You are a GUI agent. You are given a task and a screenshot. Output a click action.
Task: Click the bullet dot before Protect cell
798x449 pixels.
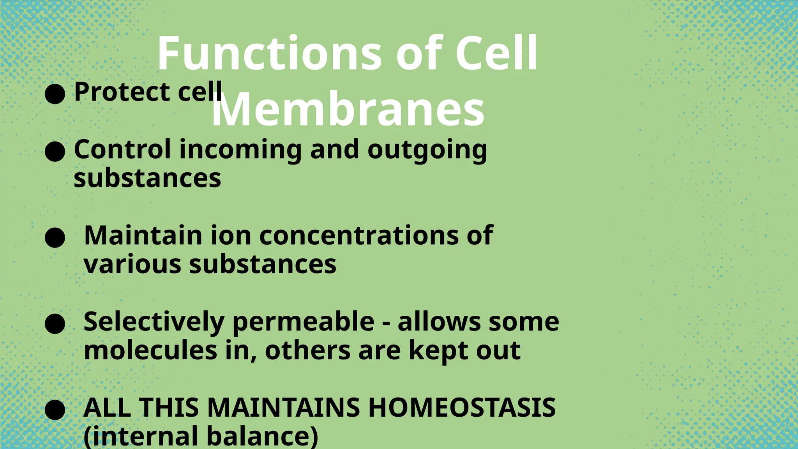tap(55, 94)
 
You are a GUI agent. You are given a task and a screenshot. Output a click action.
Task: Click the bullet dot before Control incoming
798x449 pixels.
tap(55, 152)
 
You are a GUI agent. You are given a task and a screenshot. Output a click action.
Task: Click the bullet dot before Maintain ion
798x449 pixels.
tap(55, 238)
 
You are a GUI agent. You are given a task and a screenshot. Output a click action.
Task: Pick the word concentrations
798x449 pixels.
tap(359, 236)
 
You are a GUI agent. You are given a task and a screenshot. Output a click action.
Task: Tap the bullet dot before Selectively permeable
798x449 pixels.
tap(55, 323)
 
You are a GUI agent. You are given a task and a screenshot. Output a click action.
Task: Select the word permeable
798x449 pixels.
tap(303, 323)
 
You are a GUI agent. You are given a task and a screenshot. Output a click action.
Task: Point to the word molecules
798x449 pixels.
tap(150, 350)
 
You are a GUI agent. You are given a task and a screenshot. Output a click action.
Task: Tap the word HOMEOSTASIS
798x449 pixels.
tap(462, 408)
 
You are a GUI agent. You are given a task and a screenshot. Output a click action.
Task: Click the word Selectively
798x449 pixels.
tap(154, 323)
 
